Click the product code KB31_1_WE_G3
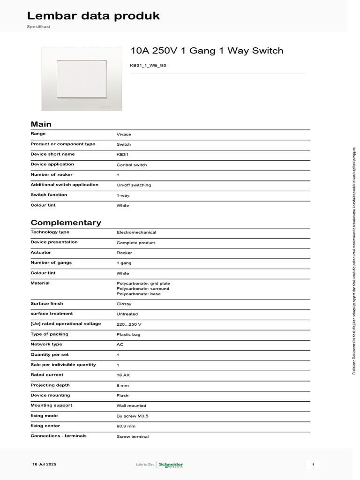tap(148, 66)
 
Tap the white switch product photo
tap(82, 78)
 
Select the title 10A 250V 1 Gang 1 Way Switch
tap(207, 51)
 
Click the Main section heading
tap(41, 124)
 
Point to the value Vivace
tap(124, 135)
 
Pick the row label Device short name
tap(52, 154)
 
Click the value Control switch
tap(132, 165)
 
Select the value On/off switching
tap(134, 185)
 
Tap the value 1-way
tap(123, 195)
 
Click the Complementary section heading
tap(66, 223)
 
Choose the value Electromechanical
tap(136, 232)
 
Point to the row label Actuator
tap(41, 253)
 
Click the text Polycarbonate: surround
tap(143, 289)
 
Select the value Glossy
tap(124, 304)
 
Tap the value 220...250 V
tap(129, 324)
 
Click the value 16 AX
tap(123, 375)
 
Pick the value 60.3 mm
tap(126, 427)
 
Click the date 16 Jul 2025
tap(44, 464)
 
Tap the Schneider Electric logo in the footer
tap(171, 465)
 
